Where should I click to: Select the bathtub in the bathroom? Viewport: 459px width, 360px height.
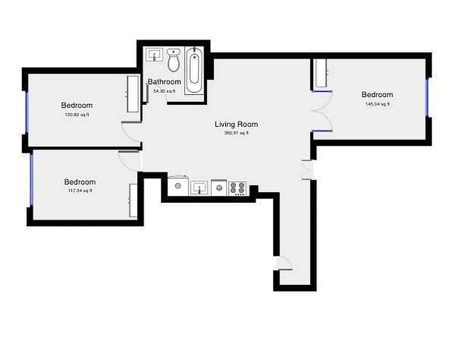pos(194,70)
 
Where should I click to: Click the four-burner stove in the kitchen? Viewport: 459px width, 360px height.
pos(238,187)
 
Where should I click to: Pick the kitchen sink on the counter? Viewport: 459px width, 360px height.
pos(199,188)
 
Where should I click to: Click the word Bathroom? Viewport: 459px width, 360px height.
pos(165,82)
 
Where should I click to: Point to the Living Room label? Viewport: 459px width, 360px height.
pos(236,124)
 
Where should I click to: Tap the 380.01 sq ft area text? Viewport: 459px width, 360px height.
pos(236,133)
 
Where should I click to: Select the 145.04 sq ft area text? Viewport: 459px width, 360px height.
pos(377,104)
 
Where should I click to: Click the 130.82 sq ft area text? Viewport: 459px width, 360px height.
pos(77,115)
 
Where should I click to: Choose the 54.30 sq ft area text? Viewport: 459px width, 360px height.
pos(164,91)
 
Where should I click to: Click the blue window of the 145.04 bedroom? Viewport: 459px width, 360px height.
pos(427,98)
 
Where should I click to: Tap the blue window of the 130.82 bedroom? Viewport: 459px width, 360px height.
pos(27,112)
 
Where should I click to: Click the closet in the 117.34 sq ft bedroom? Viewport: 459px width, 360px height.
pos(134,201)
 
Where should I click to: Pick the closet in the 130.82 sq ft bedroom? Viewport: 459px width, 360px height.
pos(133,94)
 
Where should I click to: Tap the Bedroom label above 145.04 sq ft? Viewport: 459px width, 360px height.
pos(377,94)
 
